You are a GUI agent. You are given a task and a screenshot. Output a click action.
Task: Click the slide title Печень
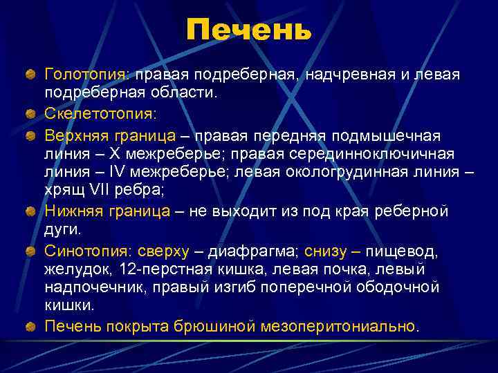[x=249, y=31]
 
